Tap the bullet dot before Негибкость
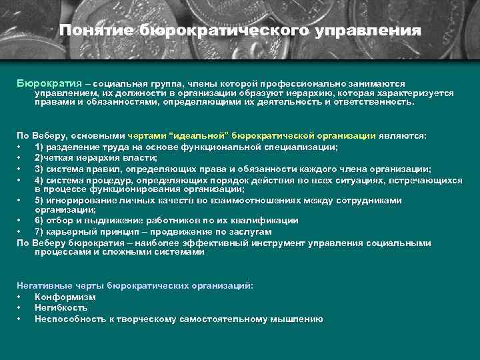pyautogui.click(x=20, y=308)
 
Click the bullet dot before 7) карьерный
pyautogui.click(x=20, y=231)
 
